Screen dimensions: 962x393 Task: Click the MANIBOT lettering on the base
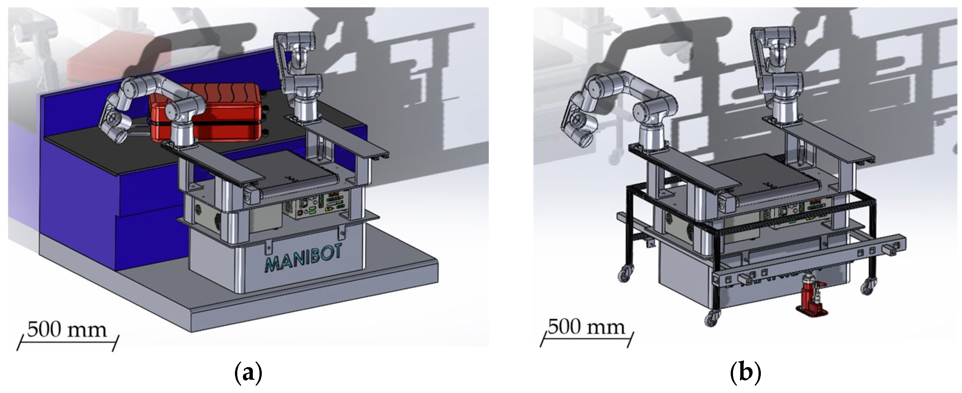(x=303, y=259)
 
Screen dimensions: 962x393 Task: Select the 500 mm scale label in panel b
(x=586, y=327)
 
